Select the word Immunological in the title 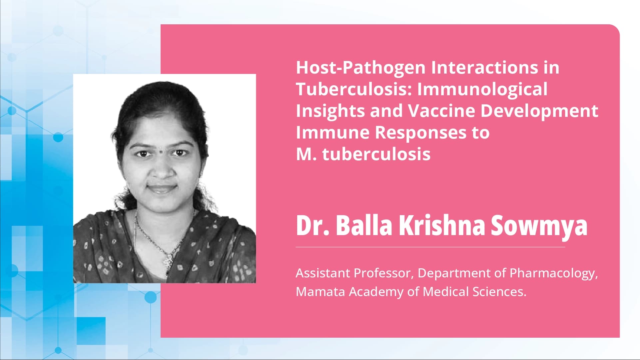(482, 89)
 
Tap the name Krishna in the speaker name (441, 225)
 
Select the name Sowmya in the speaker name (539, 225)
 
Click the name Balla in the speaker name (364, 225)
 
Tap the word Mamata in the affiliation (320, 292)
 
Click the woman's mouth (162, 188)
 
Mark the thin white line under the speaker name (430, 247)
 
